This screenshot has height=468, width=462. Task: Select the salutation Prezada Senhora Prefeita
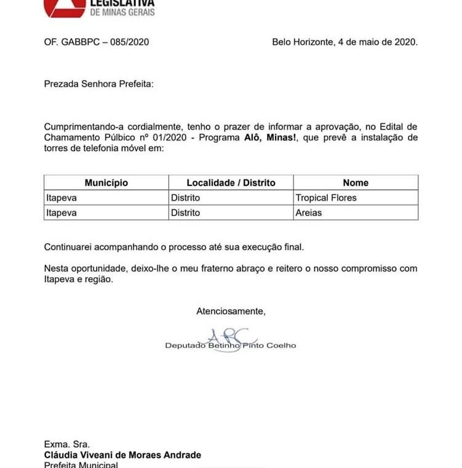point(98,83)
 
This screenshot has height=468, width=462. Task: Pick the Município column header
point(106,183)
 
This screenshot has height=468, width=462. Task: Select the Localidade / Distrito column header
point(231,183)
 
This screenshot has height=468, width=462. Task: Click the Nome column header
point(356,183)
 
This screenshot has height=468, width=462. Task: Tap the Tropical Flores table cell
point(326,198)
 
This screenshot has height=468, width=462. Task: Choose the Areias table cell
point(309,213)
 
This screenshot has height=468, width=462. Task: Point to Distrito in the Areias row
point(186,213)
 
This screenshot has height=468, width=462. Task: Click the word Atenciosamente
point(231,312)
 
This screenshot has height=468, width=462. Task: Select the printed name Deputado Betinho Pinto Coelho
point(231,345)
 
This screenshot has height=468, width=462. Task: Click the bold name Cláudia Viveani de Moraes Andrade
point(122,455)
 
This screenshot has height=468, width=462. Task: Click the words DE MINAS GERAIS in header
point(122,13)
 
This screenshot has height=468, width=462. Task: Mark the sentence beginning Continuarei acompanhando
point(174,248)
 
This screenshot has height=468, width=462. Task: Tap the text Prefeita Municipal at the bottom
point(81,464)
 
